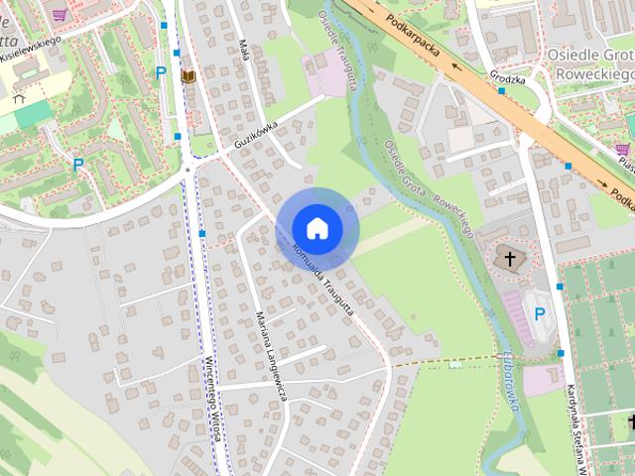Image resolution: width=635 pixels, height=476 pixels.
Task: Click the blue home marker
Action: tap(317, 228)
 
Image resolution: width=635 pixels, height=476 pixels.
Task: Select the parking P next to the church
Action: tap(540, 313)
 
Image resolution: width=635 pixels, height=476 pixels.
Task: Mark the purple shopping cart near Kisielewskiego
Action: tap(62, 14)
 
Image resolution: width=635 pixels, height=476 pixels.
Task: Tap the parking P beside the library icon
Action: tap(161, 71)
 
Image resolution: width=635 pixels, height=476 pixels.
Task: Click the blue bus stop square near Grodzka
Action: tap(502, 91)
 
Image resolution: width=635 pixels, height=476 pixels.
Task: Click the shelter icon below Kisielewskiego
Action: tap(17, 98)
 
